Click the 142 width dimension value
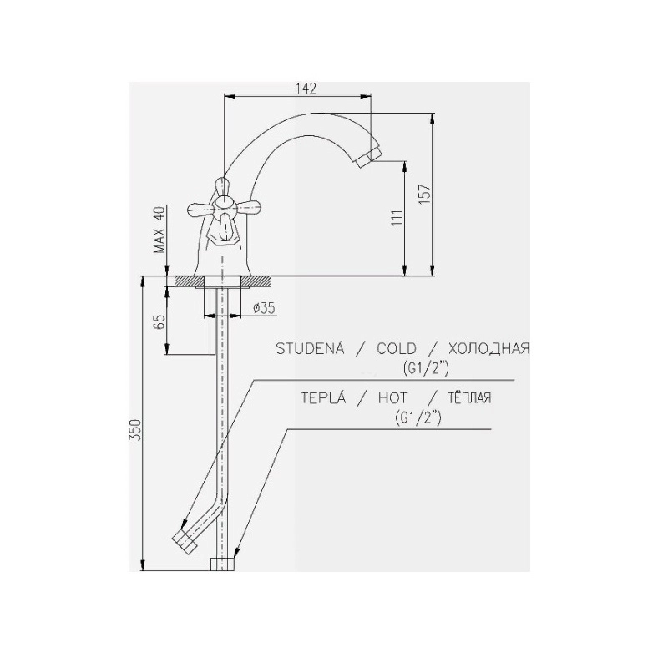click(x=306, y=89)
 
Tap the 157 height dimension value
click(x=425, y=195)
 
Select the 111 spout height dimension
click(x=397, y=218)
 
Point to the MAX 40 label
click(x=159, y=230)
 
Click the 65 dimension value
click(x=159, y=322)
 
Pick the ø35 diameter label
click(x=264, y=307)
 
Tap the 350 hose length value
click(x=135, y=430)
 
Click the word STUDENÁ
click(x=310, y=348)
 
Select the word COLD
click(x=396, y=348)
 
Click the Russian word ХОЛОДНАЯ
click(x=488, y=348)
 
